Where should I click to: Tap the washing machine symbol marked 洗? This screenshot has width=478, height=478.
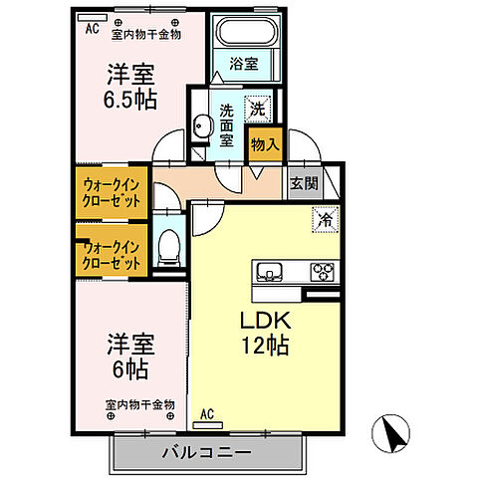pyautogui.click(x=257, y=108)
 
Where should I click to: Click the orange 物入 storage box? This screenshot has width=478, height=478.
pyautogui.click(x=264, y=143)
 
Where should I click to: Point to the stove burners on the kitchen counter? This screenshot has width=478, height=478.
pyautogui.click(x=323, y=270)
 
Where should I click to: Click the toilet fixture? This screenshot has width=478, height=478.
pyautogui.click(x=169, y=249)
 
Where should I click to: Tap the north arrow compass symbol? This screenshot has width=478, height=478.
pyautogui.click(x=392, y=434)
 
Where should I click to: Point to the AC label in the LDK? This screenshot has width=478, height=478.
pyautogui.click(x=207, y=413)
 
